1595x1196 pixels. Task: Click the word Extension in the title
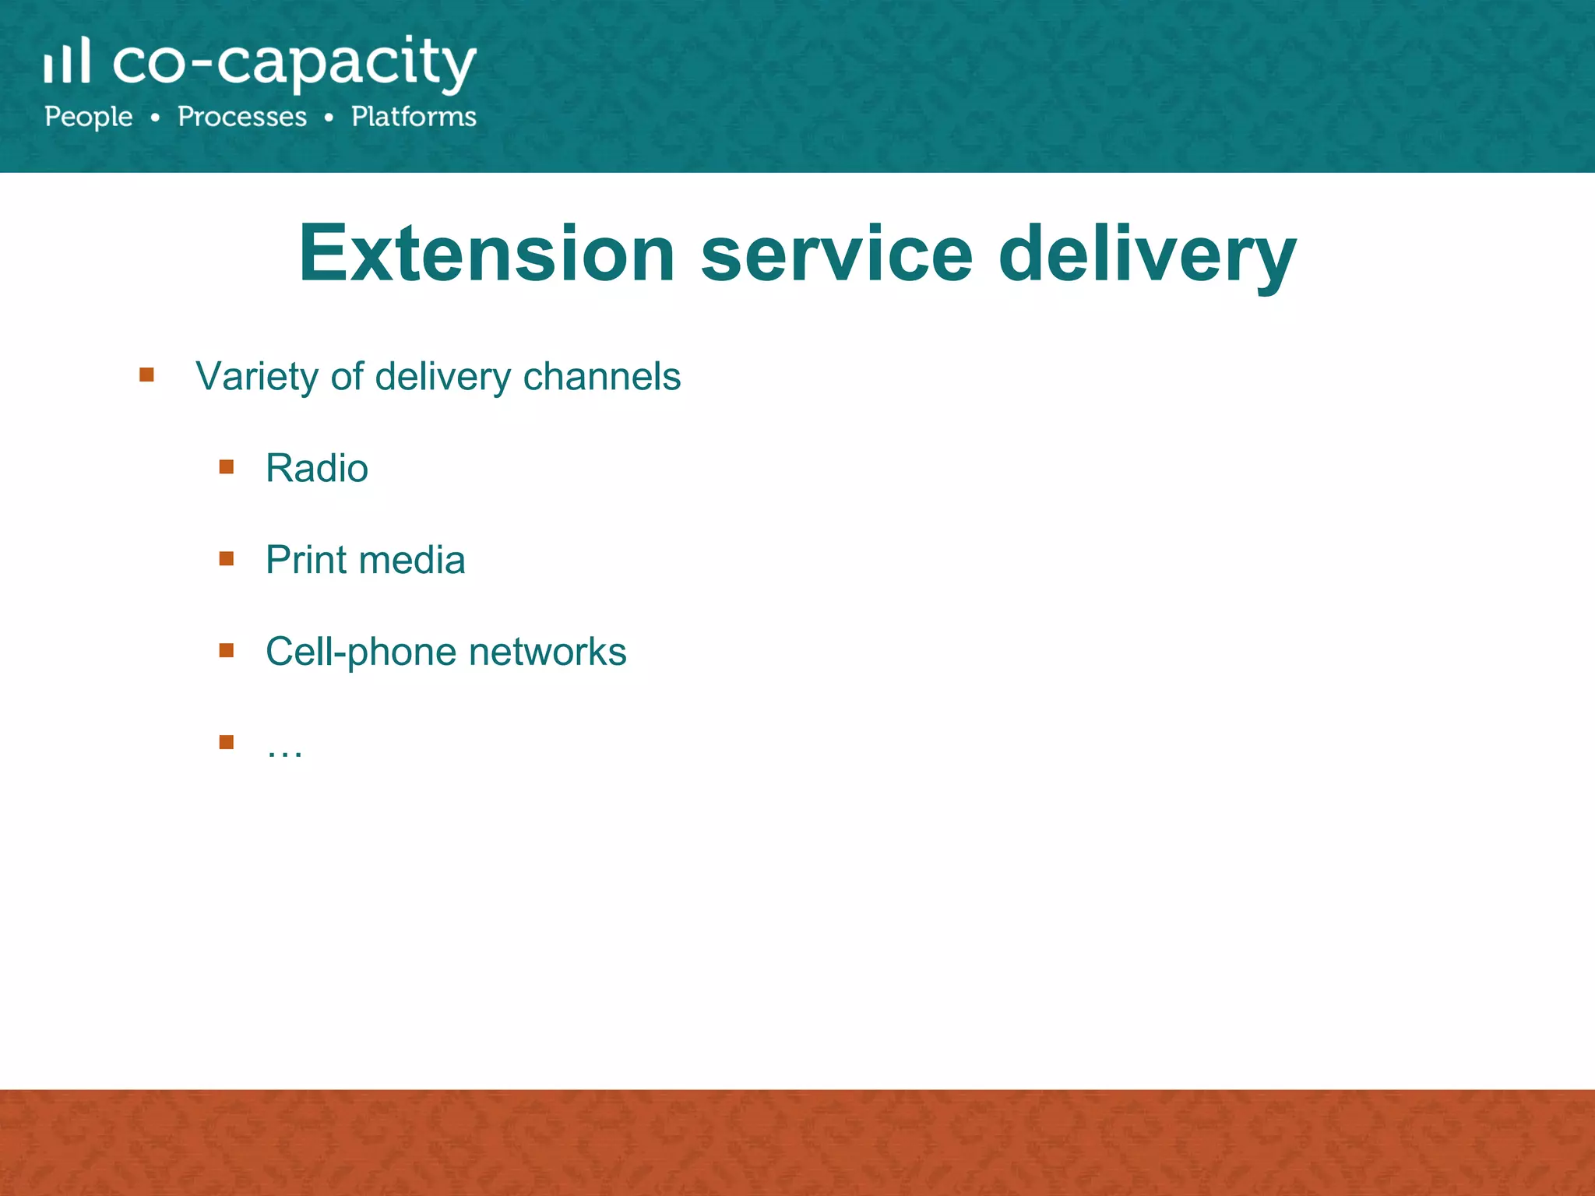(x=487, y=254)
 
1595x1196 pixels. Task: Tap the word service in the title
(x=836, y=254)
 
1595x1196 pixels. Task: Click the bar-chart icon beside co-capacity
(x=67, y=61)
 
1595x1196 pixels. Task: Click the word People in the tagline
(x=89, y=117)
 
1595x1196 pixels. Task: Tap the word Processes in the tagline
(x=242, y=117)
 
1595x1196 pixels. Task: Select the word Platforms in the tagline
(x=414, y=117)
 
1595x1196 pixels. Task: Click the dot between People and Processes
(x=156, y=118)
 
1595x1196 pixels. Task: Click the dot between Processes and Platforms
(x=329, y=118)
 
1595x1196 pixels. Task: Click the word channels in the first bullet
(x=602, y=377)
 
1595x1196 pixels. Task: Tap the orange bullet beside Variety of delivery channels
(x=146, y=375)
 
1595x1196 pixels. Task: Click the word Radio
(x=316, y=469)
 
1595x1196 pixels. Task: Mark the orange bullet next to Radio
(x=227, y=467)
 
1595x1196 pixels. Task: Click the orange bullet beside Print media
(x=227, y=558)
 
